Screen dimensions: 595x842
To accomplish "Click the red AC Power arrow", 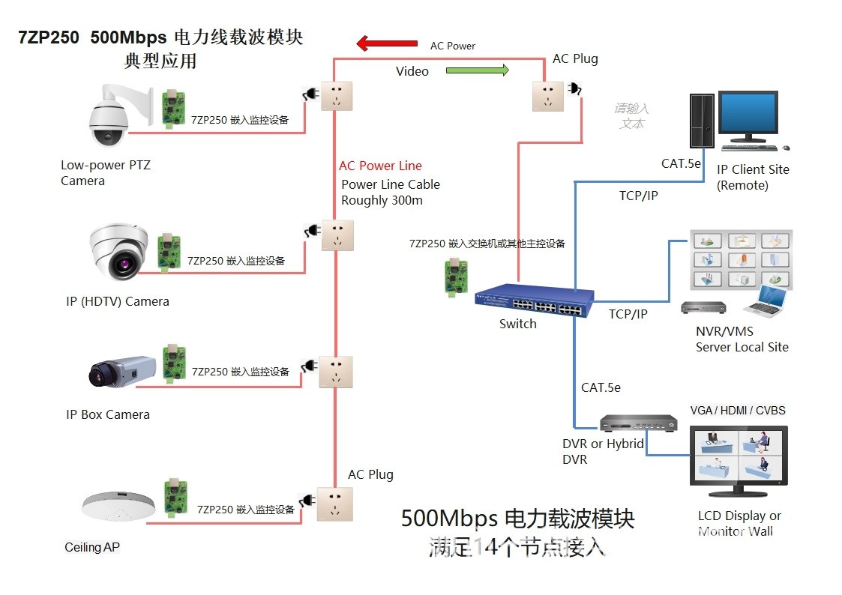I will point(386,43).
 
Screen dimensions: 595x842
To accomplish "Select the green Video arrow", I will point(478,70).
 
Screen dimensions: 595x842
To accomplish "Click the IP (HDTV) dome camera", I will point(118,253).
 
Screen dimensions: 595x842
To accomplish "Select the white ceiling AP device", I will point(121,507).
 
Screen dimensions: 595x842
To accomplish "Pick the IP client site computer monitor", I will point(748,116).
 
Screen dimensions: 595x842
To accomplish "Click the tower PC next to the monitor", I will point(701,120).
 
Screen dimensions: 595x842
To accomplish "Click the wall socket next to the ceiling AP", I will point(334,504).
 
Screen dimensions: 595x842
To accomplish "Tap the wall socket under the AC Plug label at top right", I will point(548,95).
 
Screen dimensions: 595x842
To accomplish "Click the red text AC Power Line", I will point(380,166).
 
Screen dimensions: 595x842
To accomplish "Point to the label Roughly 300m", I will point(382,201).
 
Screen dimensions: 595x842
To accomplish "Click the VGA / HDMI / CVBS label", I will point(738,411).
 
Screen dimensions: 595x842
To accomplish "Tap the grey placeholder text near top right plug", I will point(631,115).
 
